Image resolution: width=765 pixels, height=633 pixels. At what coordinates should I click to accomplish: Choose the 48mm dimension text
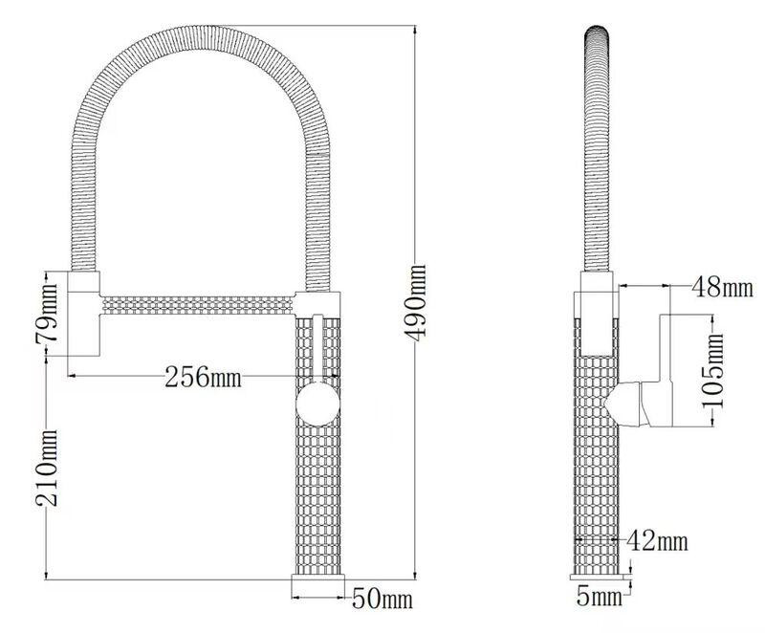[723, 287]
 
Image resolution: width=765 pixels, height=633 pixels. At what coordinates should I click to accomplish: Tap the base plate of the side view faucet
[601, 576]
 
